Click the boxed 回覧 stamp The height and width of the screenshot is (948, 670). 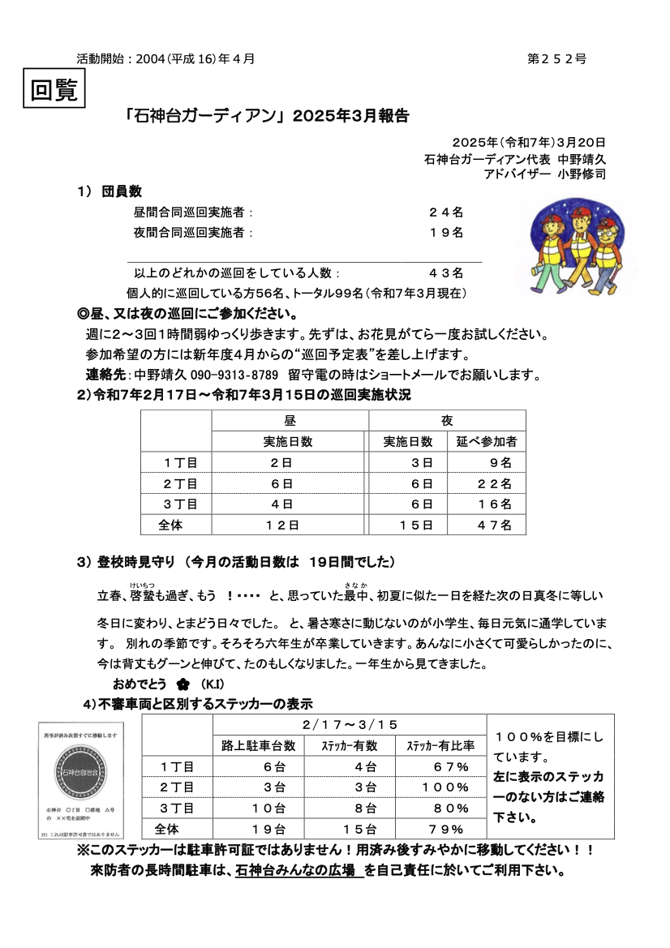click(54, 89)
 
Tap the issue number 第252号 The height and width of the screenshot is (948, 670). click(556, 58)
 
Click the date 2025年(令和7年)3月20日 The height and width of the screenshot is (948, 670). click(530, 143)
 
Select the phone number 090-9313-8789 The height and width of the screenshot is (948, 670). click(234, 375)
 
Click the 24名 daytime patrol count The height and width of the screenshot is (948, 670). click(446, 212)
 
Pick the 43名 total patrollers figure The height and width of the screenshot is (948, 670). click(446, 273)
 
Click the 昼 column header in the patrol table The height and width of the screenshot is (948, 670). click(290, 421)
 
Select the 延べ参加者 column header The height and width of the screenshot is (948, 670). click(487, 442)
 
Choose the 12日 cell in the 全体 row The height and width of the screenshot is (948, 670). click(282, 525)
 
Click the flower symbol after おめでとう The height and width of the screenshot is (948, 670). click(183, 684)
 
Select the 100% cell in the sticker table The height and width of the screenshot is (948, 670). click(445, 787)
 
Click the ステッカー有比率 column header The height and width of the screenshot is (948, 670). click(440, 745)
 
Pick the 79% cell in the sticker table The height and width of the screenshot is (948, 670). click(445, 829)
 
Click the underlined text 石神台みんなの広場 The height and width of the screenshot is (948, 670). click(296, 871)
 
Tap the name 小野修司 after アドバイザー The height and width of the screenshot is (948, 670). click(582, 174)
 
